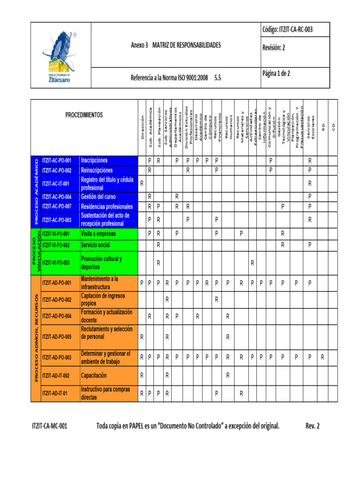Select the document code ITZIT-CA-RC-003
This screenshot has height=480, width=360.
click(287, 30)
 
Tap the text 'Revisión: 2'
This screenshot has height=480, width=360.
click(273, 47)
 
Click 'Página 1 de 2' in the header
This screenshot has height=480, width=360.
click(276, 74)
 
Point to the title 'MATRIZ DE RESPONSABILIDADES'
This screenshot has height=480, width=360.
click(186, 45)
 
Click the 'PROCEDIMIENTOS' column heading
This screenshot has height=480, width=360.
click(84, 115)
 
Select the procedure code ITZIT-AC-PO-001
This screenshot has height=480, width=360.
click(57, 160)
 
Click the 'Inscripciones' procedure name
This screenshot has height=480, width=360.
click(94, 160)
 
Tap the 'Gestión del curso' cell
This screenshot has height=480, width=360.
click(98, 197)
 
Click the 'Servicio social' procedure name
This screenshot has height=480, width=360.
click(95, 245)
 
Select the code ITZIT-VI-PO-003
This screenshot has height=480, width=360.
click(56, 263)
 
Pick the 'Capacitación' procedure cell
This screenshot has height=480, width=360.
click(94, 362)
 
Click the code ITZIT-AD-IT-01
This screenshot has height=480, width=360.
click(54, 393)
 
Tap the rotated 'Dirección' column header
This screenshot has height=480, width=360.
click(142, 127)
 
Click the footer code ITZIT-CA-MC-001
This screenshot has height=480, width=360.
click(49, 426)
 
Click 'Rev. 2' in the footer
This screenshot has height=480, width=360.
click(312, 426)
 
